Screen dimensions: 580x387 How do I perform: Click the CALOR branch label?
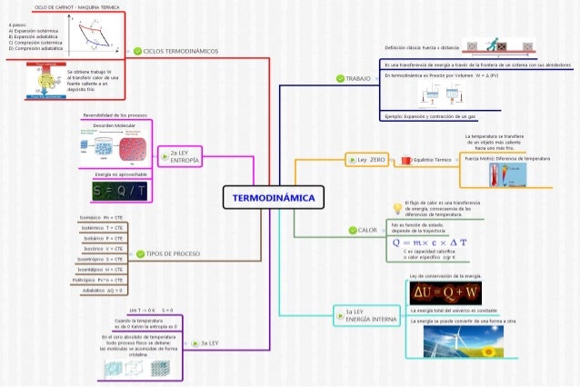[367, 230]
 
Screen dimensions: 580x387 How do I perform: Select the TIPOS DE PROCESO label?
[174, 254]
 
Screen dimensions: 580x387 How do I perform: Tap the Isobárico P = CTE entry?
[102, 237]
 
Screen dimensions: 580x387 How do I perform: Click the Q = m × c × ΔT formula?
[429, 243]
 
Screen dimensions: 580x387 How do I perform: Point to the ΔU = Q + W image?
[446, 293]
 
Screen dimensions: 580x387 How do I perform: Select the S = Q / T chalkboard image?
[122, 191]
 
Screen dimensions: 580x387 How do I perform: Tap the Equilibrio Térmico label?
[432, 160]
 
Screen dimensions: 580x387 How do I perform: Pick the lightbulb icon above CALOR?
[395, 206]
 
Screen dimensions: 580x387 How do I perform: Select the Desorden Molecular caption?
[114, 125]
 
